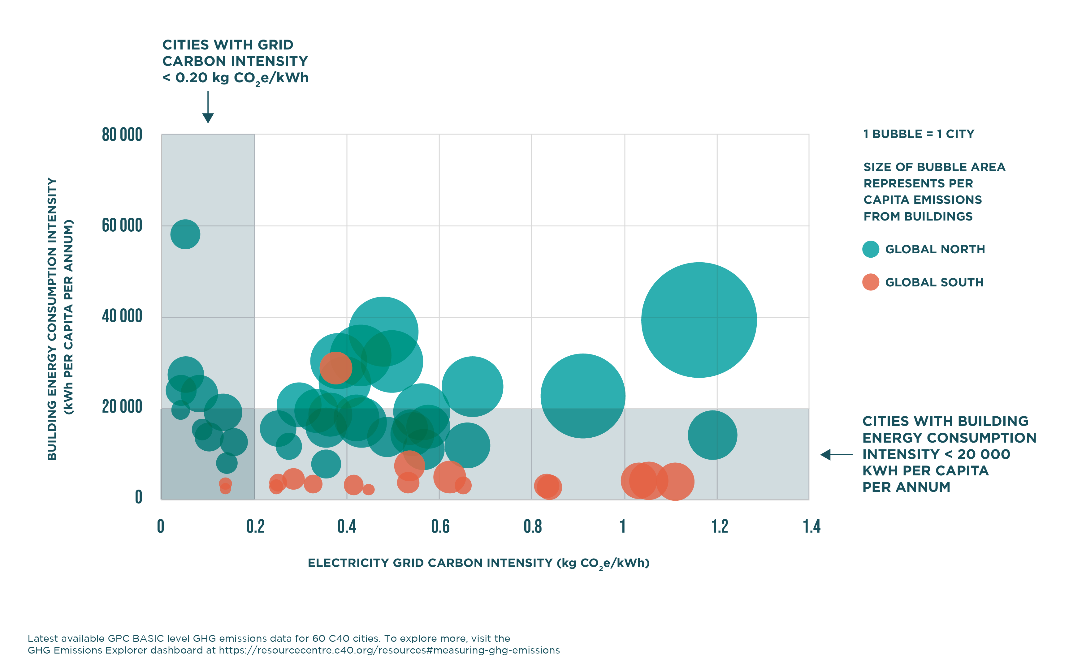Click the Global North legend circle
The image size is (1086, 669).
click(870, 249)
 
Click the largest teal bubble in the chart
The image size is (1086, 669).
click(699, 320)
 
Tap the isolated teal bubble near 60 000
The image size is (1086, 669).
click(185, 234)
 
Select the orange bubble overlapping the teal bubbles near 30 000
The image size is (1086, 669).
click(335, 368)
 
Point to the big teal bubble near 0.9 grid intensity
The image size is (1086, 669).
click(583, 396)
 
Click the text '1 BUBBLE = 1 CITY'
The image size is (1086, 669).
click(919, 134)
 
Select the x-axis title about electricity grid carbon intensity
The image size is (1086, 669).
click(478, 563)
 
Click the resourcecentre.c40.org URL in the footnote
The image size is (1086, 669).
click(389, 650)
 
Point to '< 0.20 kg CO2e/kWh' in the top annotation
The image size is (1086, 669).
click(235, 78)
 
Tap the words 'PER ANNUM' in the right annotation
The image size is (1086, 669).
click(906, 487)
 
